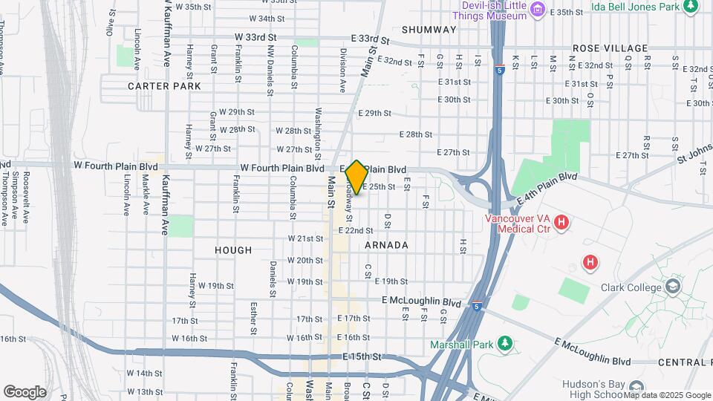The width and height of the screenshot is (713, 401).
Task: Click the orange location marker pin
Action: click(x=356, y=177)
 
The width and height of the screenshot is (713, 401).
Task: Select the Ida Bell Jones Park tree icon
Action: click(x=691, y=7)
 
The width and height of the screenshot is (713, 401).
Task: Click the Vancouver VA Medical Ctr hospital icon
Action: click(x=561, y=222)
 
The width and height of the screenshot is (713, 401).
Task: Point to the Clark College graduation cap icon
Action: click(x=674, y=287)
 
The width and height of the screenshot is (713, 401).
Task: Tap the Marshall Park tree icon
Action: click(x=505, y=343)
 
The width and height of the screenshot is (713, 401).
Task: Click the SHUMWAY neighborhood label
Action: click(x=429, y=30)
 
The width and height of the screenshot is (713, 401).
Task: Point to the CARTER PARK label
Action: click(x=164, y=86)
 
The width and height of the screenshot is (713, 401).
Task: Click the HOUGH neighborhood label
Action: click(x=233, y=250)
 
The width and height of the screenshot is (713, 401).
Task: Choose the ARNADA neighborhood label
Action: click(x=386, y=245)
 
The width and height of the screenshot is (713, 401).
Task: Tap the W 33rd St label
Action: click(x=255, y=36)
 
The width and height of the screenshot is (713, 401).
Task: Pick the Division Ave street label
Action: click(x=343, y=71)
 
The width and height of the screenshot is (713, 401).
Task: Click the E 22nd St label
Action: click(x=355, y=231)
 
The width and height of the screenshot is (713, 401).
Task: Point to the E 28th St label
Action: click(x=415, y=134)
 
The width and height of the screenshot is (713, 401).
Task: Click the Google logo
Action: click(x=25, y=391)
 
